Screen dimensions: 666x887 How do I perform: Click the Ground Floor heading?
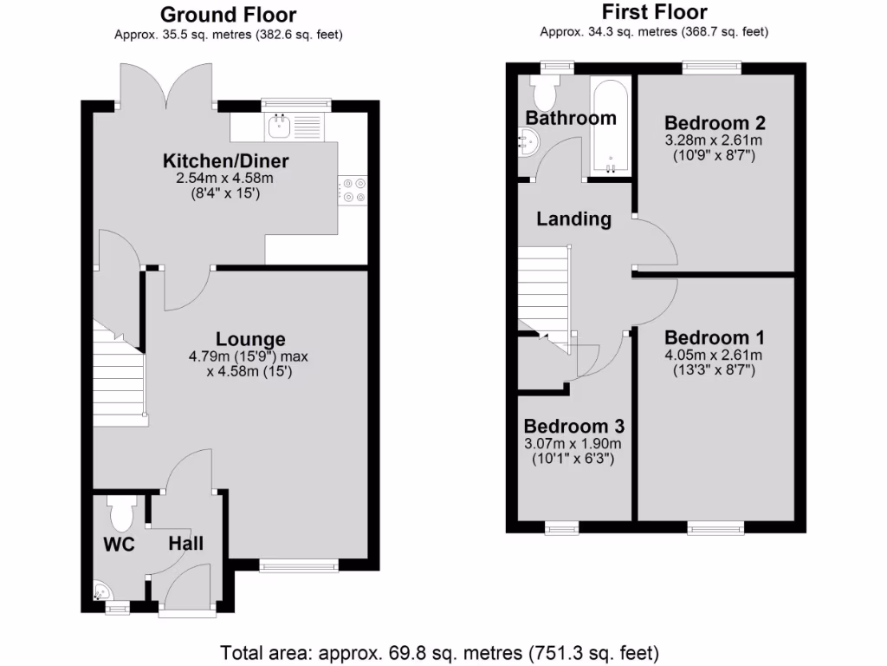pyautogui.click(x=229, y=15)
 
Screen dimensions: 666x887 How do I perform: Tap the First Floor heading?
pyautogui.click(x=654, y=12)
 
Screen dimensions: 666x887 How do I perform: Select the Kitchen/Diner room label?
pyautogui.click(x=226, y=160)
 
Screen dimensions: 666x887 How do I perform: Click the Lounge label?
pyautogui.click(x=250, y=339)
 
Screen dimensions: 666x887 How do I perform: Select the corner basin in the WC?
pyautogui.click(x=101, y=591)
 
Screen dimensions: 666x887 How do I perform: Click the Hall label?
pyautogui.click(x=186, y=544)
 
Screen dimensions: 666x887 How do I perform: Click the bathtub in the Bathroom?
pyautogui.click(x=611, y=126)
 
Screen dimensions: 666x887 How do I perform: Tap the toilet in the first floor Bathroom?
pyautogui.click(x=547, y=88)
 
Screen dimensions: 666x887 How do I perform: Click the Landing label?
pyautogui.click(x=573, y=219)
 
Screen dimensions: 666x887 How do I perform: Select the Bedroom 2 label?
pyautogui.click(x=715, y=122)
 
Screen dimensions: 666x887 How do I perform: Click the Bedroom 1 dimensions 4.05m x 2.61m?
pyautogui.click(x=713, y=355)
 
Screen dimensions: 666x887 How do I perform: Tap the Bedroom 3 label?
pyautogui.click(x=573, y=427)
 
